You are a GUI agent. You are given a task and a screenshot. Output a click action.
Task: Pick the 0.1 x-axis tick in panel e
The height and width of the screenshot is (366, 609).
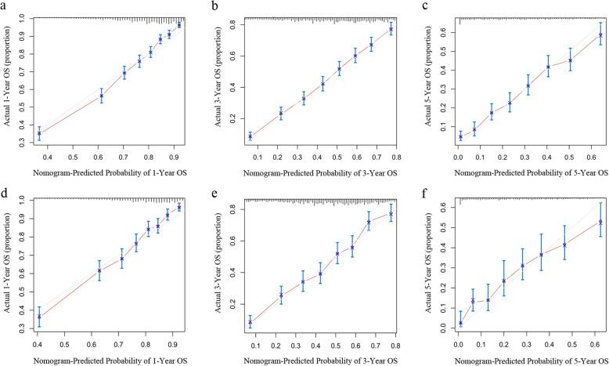coord(257,342)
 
